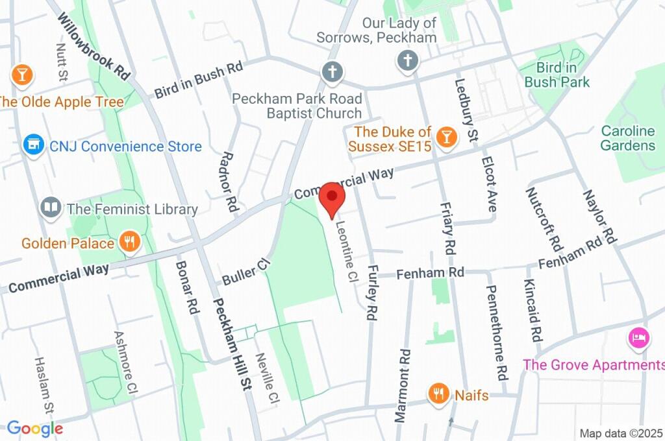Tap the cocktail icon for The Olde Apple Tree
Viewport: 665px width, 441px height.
pos(22,75)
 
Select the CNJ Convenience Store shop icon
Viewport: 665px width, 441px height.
pos(32,146)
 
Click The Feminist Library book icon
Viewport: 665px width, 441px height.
pos(50,208)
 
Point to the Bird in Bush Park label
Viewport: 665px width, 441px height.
pos(557,75)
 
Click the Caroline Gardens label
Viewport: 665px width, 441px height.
pos(627,137)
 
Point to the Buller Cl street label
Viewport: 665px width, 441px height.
pos(245,272)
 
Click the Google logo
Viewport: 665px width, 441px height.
pos(35,428)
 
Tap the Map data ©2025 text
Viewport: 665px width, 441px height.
pos(621,433)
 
